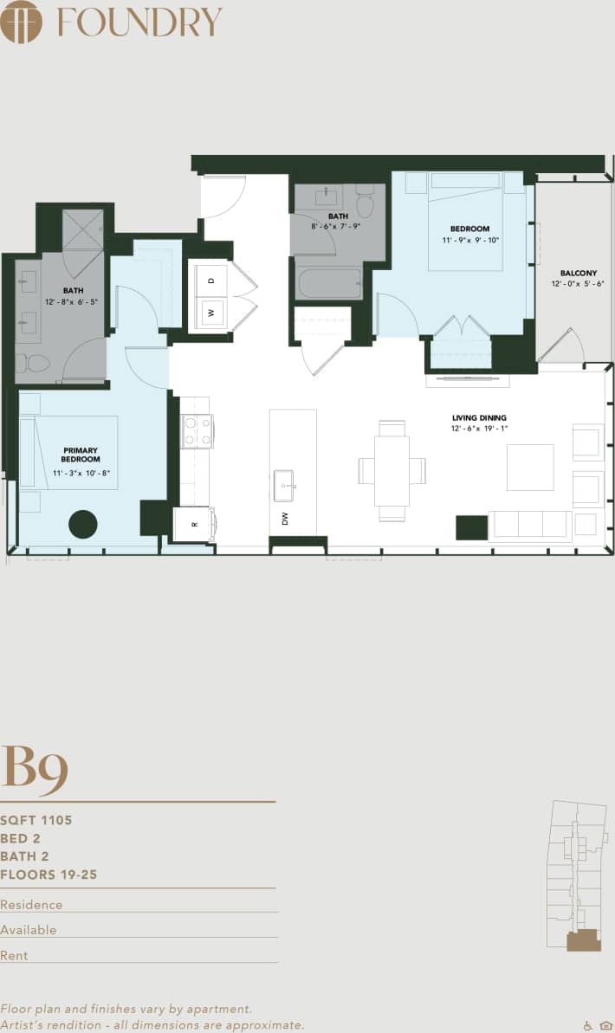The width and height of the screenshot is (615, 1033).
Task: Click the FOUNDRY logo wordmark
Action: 139,22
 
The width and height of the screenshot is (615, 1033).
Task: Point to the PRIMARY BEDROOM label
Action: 81,455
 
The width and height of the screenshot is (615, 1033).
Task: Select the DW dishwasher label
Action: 284,519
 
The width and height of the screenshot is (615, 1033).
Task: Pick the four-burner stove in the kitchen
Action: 196,431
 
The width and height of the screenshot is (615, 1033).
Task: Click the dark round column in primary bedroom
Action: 83,524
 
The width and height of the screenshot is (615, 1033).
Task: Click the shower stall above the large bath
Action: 82,229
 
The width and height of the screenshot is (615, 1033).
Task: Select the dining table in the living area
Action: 392,471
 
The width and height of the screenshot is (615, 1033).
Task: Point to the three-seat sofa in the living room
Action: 529,525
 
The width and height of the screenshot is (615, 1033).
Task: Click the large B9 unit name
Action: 35,765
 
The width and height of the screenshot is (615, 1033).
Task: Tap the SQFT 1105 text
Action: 36,820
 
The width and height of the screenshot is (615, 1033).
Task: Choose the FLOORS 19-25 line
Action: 49,875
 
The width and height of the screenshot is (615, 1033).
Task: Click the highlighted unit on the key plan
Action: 583,940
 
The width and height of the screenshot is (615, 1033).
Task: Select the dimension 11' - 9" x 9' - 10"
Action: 469,240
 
